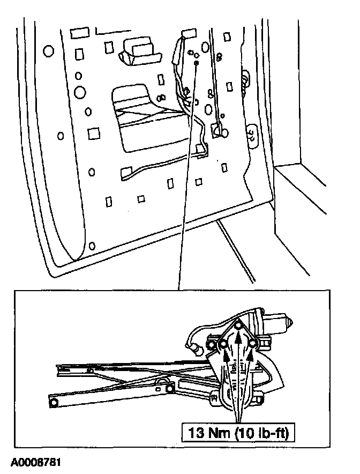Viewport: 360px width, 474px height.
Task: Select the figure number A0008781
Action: tap(34, 462)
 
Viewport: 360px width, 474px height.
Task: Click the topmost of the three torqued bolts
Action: tap(238, 325)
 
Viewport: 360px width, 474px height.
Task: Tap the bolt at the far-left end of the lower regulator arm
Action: tap(54, 402)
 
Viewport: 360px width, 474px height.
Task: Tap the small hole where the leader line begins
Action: tap(197, 63)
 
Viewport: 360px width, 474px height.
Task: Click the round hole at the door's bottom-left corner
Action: tap(93, 246)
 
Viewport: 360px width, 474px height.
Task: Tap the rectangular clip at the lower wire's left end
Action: tap(127, 172)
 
